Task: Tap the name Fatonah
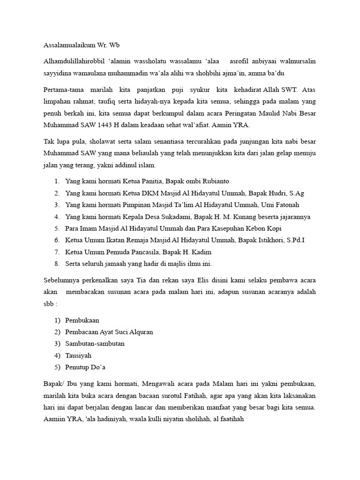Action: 284,205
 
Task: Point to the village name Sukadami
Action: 171,217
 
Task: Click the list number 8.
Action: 56,264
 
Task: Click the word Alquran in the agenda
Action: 139,332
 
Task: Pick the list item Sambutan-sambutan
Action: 95,344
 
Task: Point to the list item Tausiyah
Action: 79,355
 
